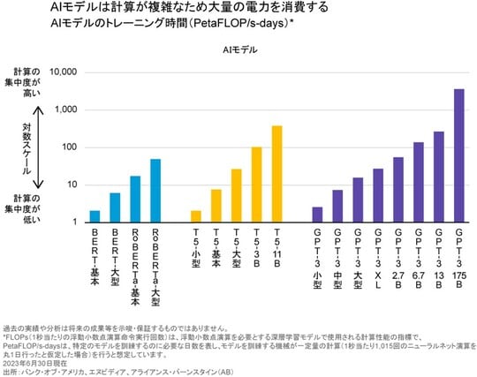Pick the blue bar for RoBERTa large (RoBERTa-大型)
[155, 191]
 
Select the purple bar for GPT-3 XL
[378, 195]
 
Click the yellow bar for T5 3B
[256, 185]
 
